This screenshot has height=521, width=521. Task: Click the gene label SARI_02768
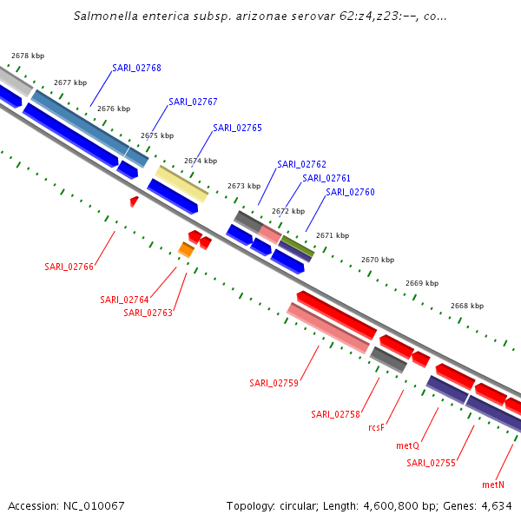[x=136, y=68]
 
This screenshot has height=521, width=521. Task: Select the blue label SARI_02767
[x=193, y=102]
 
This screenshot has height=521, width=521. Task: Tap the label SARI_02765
[x=237, y=128]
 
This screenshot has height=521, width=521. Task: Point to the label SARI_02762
[x=301, y=164]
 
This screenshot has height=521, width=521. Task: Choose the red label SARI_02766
[x=69, y=267]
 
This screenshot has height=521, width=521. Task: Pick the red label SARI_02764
[x=124, y=300]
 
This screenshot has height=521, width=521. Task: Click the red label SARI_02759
[x=274, y=383]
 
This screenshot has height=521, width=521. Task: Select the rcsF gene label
[x=376, y=427]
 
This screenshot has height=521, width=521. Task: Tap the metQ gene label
[x=407, y=445]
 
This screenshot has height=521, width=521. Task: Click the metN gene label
[x=493, y=485]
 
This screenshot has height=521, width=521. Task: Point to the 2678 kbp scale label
[x=28, y=56]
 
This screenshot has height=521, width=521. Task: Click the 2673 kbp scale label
[x=244, y=186]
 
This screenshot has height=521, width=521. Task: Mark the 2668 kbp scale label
[x=466, y=306]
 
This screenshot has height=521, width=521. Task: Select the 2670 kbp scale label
[x=378, y=260]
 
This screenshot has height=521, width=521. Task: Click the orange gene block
[x=186, y=250]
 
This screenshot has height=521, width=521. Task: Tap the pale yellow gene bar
[x=181, y=183]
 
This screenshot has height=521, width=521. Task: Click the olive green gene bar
[x=297, y=246]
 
